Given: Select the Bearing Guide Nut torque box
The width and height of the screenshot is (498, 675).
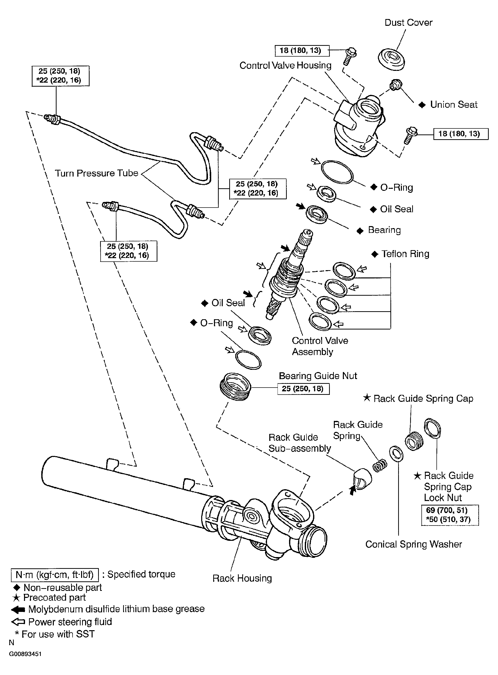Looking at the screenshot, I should click(x=303, y=389).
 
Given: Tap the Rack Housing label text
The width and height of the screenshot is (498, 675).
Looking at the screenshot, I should click(x=242, y=578).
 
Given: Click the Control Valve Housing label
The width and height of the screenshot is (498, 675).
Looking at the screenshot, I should click(x=285, y=65).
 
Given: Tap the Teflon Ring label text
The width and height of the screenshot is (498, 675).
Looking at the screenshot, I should click(x=405, y=254).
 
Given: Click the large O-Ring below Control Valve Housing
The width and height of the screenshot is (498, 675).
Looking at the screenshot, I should click(x=337, y=172).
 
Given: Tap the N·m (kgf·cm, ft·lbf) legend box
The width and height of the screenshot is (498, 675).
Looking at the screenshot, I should click(x=55, y=575).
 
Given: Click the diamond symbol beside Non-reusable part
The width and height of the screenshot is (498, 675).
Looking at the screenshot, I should click(x=17, y=588).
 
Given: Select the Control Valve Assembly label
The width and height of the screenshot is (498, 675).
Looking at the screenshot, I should click(x=320, y=346).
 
